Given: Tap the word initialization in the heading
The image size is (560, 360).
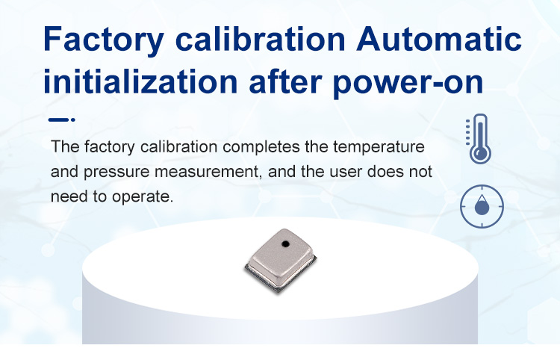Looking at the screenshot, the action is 140,81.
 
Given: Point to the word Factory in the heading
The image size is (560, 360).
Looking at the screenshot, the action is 104,41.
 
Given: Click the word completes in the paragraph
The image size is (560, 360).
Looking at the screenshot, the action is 261,147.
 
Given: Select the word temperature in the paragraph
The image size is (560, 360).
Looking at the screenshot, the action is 379,147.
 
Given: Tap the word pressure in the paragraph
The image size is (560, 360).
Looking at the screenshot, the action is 116,173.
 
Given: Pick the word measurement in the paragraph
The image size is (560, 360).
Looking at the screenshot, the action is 207,173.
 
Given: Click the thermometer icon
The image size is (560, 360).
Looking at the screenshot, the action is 479,139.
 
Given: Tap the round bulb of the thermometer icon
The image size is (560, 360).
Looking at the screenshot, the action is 480,154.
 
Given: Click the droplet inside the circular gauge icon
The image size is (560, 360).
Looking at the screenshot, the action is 482,205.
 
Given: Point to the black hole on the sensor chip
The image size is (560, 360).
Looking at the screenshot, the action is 285,244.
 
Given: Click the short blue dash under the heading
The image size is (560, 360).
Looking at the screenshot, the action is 58,120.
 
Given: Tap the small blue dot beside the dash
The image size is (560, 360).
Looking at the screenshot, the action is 73,120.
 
